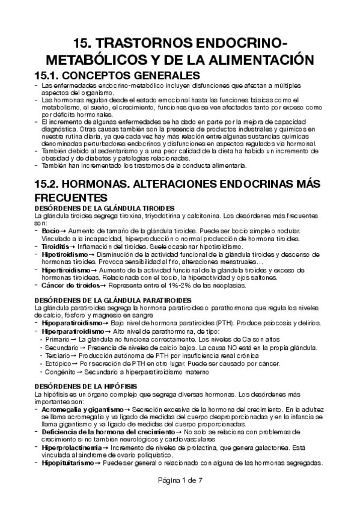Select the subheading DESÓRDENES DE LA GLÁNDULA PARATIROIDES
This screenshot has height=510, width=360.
114,300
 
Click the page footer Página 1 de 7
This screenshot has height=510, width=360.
180,481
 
